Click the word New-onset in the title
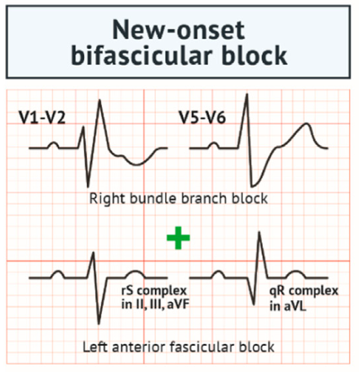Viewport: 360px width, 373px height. [x=178, y=30]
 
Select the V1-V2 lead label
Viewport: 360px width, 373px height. [x=42, y=118]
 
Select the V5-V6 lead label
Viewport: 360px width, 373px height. [x=202, y=118]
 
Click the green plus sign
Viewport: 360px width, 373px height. [x=178, y=238]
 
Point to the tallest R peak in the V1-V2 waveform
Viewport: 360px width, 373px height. [x=100, y=100]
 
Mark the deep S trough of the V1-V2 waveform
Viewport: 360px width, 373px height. [x=88, y=186]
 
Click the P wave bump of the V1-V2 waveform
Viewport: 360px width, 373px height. [x=54, y=143]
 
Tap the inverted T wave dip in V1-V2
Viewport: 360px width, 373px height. [x=137, y=165]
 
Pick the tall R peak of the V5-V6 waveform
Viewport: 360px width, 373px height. [x=247, y=94]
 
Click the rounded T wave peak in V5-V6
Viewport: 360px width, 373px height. [x=306, y=124]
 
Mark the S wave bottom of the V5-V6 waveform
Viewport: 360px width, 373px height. [x=251, y=185]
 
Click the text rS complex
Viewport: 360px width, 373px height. [x=154, y=291]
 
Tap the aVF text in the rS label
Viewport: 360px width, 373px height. [x=179, y=304]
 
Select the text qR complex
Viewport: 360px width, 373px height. [x=304, y=292]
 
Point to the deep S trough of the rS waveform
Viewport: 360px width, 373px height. [x=99, y=322]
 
